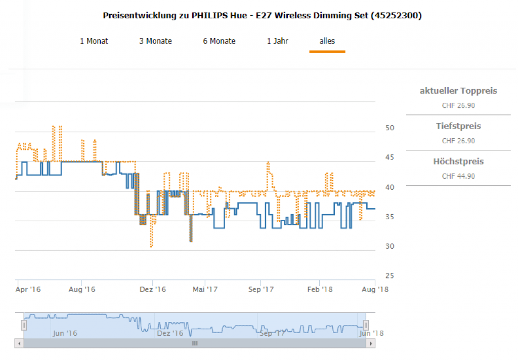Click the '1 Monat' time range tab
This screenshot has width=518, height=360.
(94, 41)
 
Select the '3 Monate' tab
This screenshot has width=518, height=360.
(155, 41)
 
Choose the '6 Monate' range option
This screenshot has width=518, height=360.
(219, 41)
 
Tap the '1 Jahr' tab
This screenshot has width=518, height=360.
(278, 41)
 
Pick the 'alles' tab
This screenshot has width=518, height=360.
(327, 41)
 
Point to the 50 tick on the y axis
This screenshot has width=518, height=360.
(390, 128)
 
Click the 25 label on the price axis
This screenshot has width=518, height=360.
(390, 276)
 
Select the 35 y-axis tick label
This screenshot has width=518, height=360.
(390, 217)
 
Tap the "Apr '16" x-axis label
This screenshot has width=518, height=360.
(28, 289)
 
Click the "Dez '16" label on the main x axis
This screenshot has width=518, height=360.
(153, 289)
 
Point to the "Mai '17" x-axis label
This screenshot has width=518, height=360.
(205, 289)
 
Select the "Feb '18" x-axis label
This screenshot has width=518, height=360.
(320, 289)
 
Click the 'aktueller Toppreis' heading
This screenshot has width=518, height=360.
(458, 91)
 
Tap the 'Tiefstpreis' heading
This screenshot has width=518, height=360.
(458, 126)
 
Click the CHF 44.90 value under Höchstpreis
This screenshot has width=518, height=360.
(458, 176)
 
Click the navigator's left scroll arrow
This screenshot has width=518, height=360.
(19, 343)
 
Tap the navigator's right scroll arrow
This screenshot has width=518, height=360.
(372, 343)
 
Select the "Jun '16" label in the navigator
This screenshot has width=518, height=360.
(65, 333)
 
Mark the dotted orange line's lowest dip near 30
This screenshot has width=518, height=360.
(151, 246)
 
